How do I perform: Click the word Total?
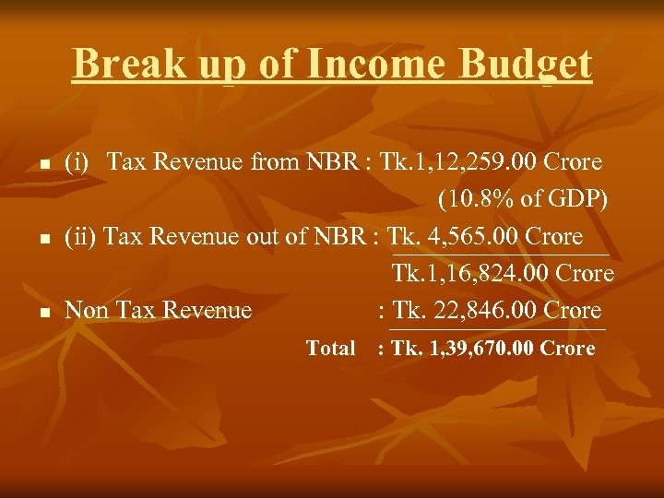[x=330, y=349]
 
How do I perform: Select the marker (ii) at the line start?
[x=80, y=237]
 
